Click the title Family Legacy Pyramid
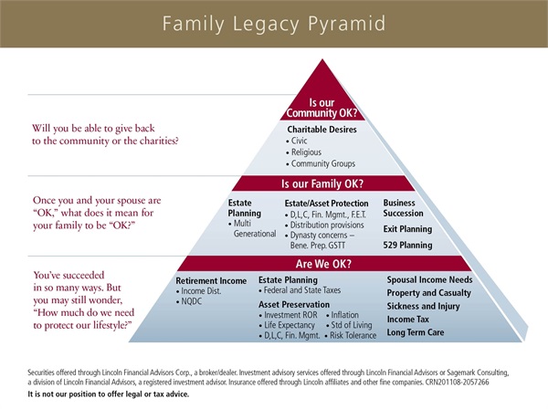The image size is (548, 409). point(274,24)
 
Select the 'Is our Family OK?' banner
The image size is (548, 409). point(322,184)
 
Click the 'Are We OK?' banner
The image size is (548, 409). point(323,264)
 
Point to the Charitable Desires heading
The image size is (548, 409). point(321,130)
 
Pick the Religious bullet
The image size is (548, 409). point(304,152)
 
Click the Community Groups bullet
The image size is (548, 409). point(321,163)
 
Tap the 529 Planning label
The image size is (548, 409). point(407,245)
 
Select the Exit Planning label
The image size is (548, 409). point(407,229)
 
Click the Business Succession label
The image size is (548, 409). point(403,208)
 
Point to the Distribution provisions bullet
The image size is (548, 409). point(324,225)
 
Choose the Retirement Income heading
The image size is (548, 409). point(211,281)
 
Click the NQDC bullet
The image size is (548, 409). point(189,301)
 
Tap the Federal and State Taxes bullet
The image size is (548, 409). point(300,290)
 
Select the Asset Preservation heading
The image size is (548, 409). point(294,305)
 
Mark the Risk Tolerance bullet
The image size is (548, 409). point(351,335)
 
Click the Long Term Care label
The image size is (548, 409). point(416,332)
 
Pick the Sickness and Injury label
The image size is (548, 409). point(423,307)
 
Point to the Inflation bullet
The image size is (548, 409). point(342,315)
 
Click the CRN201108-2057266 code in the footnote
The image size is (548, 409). point(457,383)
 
